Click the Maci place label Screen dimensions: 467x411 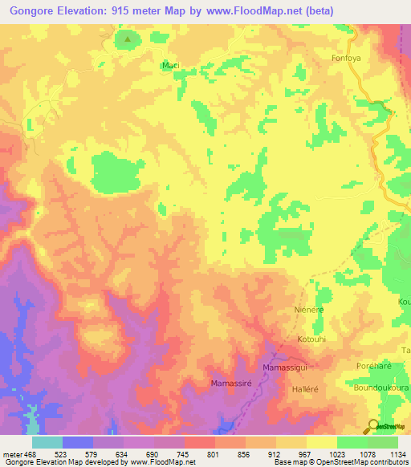[x=169, y=65]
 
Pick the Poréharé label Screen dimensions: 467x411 [x=373, y=366]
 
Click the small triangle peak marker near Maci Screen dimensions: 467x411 [x=127, y=38]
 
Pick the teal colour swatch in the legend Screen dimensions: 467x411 [x=47, y=442]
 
